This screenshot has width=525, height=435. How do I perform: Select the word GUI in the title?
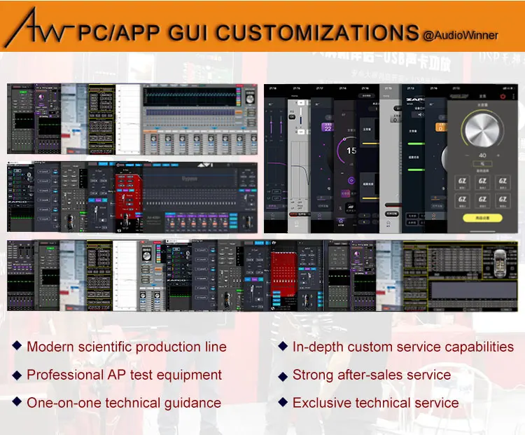point(184,32)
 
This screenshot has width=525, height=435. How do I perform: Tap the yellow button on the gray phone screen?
point(483,219)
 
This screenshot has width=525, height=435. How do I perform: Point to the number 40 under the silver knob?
point(482,156)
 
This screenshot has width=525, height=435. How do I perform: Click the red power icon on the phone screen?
point(502,95)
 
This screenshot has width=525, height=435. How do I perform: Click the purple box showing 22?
point(327,127)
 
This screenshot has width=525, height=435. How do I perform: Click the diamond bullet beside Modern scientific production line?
point(17,346)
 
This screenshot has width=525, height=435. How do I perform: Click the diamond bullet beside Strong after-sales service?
point(283,375)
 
